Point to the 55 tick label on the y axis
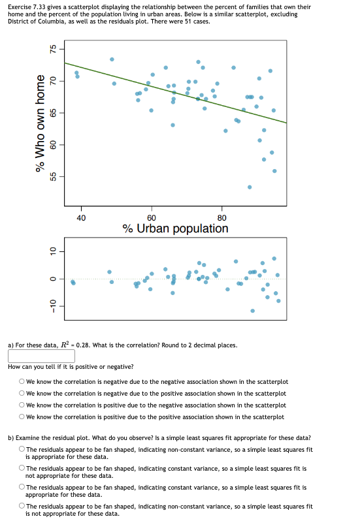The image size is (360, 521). click(x=54, y=176)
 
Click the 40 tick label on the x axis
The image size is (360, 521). click(x=80, y=218)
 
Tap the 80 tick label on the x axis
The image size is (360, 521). click(x=221, y=218)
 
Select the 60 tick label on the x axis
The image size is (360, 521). click(x=151, y=218)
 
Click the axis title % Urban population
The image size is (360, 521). click(x=175, y=229)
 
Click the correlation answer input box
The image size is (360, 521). click(x=41, y=356)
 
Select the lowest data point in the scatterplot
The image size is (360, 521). click(x=250, y=187)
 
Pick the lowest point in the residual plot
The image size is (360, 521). click(x=252, y=311)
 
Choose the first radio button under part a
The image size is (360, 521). click(x=22, y=382)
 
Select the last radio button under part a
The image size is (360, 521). click(x=22, y=417)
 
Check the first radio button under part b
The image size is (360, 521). click(x=22, y=449)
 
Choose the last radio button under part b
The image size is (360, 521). click(x=22, y=506)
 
